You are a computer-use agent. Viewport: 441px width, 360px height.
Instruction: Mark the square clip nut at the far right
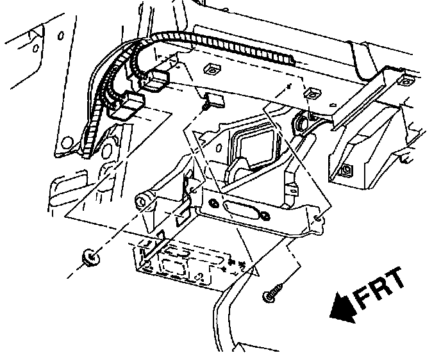[x=405, y=81]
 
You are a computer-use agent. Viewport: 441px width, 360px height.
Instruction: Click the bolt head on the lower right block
[x=346, y=170]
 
